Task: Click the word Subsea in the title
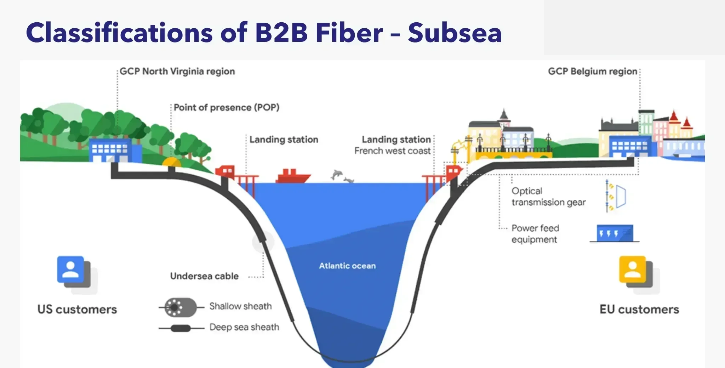tap(455, 33)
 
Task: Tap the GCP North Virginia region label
tap(177, 71)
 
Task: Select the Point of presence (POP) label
tap(226, 107)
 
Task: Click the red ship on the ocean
tap(293, 176)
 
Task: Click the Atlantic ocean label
tap(347, 266)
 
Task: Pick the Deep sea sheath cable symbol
tap(181, 328)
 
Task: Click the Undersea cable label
tap(204, 276)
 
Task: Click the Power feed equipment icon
tap(615, 233)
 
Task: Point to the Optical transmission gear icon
tap(616, 196)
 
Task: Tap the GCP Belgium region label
tap(592, 71)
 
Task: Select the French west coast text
tap(392, 151)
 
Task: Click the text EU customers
tap(639, 309)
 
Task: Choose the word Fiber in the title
tap(349, 33)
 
